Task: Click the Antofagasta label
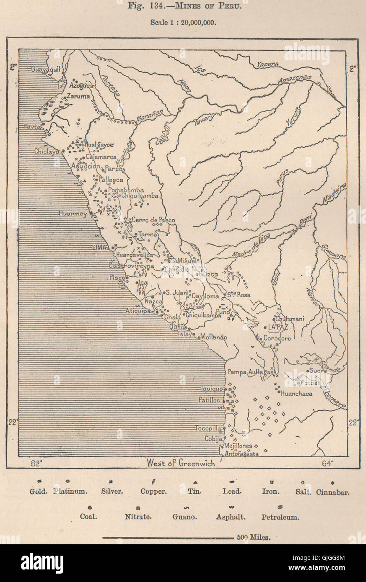coord(241,453)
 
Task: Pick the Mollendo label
coord(213,337)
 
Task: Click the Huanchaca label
coord(296,394)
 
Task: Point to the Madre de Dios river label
coord(252,247)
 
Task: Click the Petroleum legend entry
coord(280,517)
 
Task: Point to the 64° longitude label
coord(328,463)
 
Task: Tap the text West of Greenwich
coord(181,463)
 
